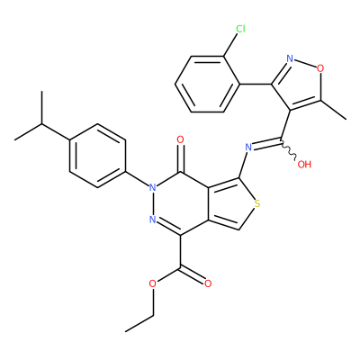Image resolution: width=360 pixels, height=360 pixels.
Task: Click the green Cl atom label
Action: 240,29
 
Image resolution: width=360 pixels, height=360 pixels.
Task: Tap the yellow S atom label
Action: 256,204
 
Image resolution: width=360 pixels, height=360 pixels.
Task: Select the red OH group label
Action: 304,164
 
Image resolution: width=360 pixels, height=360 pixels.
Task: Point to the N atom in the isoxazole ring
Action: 290,58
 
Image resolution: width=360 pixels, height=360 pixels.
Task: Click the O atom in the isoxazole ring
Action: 320,68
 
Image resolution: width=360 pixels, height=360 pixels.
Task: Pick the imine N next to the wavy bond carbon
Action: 248,148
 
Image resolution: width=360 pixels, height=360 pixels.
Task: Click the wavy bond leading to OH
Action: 289,148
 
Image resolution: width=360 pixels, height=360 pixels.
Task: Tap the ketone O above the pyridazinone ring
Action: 180,139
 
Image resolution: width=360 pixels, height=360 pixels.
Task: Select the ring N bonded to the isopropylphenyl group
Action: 153,188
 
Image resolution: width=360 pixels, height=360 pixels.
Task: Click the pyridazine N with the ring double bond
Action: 153,220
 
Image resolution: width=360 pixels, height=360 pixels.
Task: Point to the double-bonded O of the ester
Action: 208,283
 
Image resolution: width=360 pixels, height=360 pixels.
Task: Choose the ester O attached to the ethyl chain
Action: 153,283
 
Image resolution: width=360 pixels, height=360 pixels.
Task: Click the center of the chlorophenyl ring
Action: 208,85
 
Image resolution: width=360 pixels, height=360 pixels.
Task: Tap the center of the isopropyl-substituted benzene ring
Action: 97,156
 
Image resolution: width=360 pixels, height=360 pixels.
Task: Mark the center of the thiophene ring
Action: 231,204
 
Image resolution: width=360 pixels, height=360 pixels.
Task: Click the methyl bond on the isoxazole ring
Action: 334,110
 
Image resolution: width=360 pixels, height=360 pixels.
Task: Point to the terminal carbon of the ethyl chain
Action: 125,331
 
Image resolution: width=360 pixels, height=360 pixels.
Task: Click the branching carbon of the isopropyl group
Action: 41,123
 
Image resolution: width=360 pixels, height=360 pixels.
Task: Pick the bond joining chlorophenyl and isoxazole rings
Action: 256,85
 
